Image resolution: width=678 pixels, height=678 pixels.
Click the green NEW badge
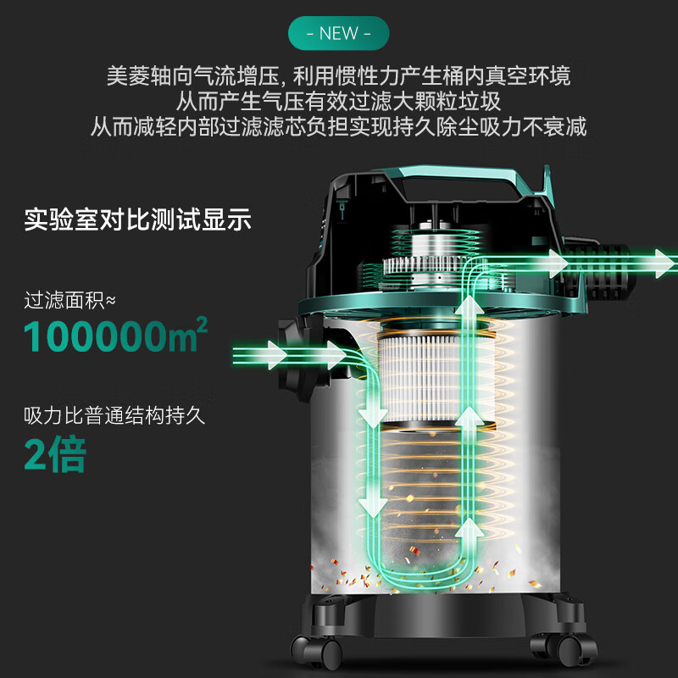(x=338, y=35)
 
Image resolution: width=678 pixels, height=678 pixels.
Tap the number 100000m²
(x=115, y=336)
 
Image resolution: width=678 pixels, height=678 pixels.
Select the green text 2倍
(x=54, y=455)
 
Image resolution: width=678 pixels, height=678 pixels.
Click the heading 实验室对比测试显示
(x=137, y=220)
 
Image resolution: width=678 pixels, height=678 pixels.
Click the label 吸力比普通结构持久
(x=114, y=417)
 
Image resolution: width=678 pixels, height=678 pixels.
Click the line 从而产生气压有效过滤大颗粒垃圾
(x=338, y=102)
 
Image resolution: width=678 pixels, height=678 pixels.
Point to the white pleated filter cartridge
(x=419, y=373)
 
